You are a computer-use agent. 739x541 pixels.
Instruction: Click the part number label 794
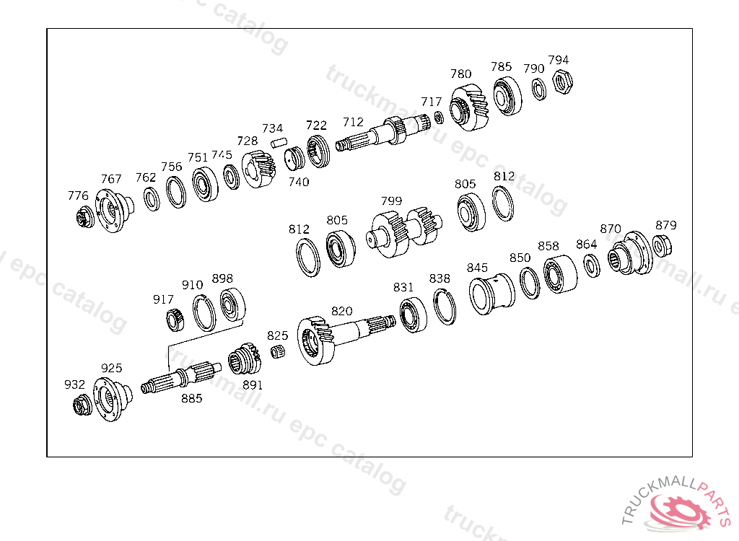[559, 60]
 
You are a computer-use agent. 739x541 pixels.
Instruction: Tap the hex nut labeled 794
[562, 82]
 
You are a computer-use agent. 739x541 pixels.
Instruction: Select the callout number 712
[353, 122]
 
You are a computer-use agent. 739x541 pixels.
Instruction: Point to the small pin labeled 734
[279, 142]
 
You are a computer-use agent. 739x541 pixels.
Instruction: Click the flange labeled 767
[113, 210]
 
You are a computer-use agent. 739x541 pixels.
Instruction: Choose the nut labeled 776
[85, 217]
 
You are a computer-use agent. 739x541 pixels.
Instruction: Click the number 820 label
[341, 311]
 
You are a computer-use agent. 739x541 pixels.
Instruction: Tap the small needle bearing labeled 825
[279, 351]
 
